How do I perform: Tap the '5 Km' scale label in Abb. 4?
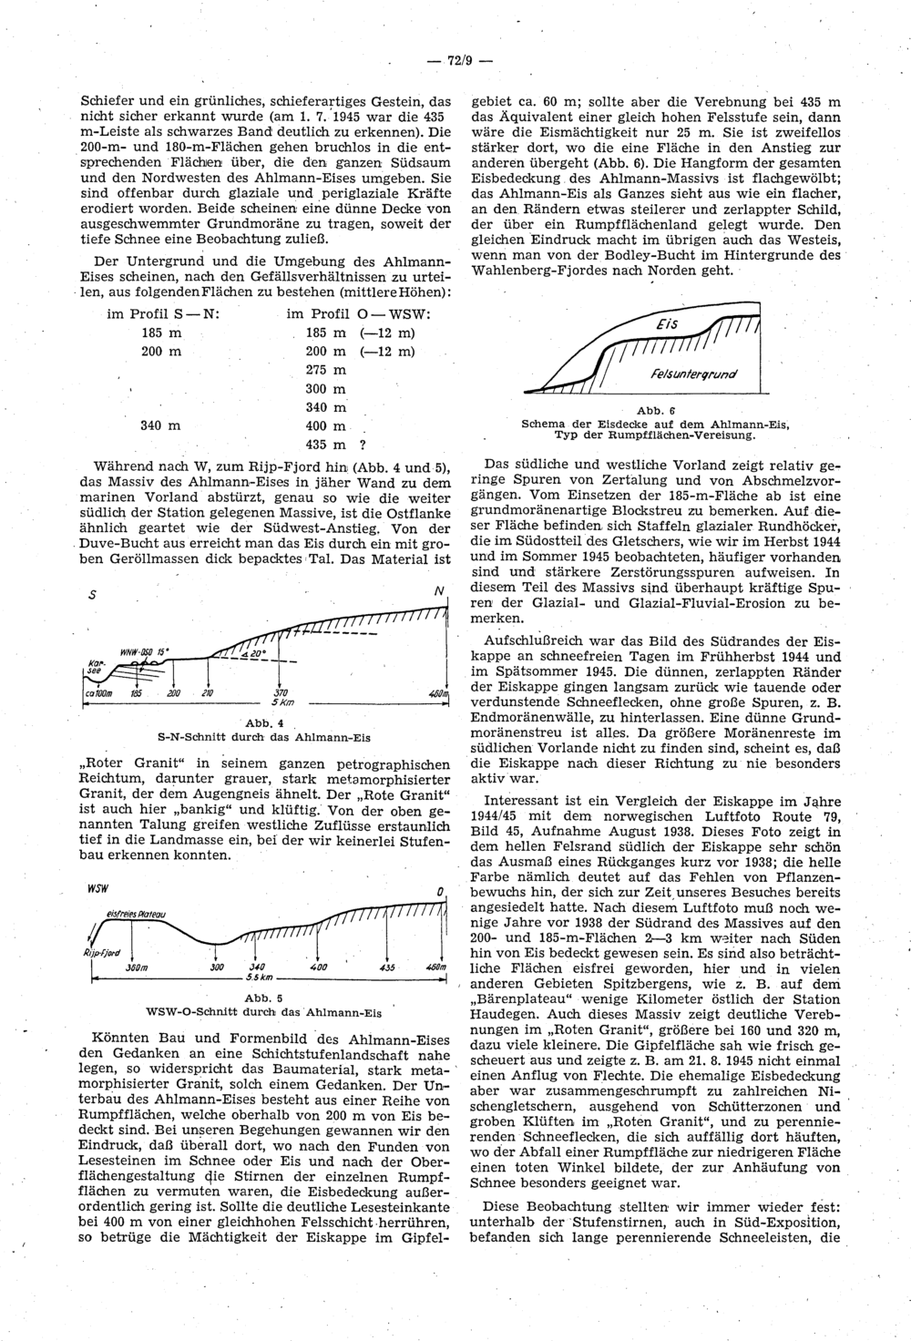click(281, 704)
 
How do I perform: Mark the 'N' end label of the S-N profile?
click(439, 592)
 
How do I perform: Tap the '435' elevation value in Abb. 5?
click(387, 967)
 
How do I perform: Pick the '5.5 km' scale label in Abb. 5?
click(263, 978)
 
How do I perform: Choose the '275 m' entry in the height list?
click(326, 370)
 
